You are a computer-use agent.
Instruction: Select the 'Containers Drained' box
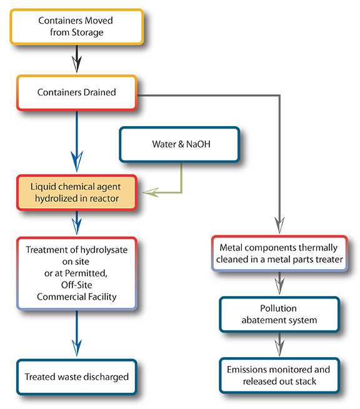(x=76, y=93)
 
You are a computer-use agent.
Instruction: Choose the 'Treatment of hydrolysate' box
(x=76, y=273)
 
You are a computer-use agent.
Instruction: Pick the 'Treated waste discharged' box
(x=76, y=377)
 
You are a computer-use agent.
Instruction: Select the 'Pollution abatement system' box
(x=279, y=314)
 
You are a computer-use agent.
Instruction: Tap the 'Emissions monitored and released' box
(x=279, y=375)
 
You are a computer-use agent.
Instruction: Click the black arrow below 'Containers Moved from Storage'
(x=76, y=61)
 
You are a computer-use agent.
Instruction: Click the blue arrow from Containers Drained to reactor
(x=76, y=144)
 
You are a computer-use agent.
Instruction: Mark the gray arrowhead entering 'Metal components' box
(x=279, y=224)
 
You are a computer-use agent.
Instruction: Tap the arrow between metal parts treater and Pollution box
(x=279, y=285)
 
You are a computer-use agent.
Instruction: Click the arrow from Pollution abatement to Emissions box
(x=279, y=345)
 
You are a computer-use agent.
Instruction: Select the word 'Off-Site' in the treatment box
(x=76, y=287)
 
